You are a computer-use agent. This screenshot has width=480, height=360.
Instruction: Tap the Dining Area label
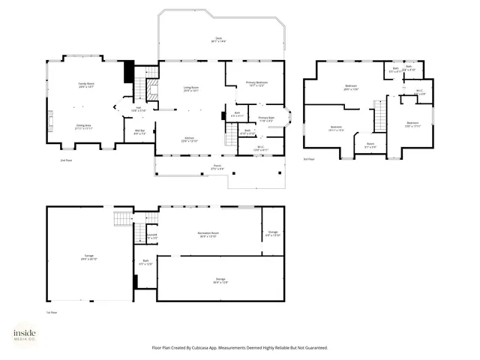[x=84, y=126]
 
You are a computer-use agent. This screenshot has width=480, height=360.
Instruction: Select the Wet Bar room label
[x=140, y=132]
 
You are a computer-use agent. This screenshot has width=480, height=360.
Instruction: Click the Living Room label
[x=191, y=88]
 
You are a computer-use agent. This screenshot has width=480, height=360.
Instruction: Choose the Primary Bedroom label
[x=256, y=83]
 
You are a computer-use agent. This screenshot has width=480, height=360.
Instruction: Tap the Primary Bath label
[x=266, y=118]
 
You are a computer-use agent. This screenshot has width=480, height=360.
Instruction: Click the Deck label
[x=218, y=39]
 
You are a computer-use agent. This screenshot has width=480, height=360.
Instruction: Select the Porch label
[x=217, y=167]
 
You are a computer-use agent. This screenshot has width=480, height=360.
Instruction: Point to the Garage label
[x=89, y=256]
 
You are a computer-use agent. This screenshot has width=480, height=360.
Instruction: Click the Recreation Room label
[x=208, y=234]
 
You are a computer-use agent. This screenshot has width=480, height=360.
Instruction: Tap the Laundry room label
[x=151, y=235]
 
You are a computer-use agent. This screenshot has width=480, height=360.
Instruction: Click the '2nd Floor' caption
[x=67, y=160]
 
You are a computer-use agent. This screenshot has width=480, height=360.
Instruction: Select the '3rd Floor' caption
[x=309, y=159]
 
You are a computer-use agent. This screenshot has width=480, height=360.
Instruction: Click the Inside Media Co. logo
[x=26, y=335]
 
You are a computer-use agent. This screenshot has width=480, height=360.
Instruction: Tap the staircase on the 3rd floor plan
[x=380, y=114]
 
